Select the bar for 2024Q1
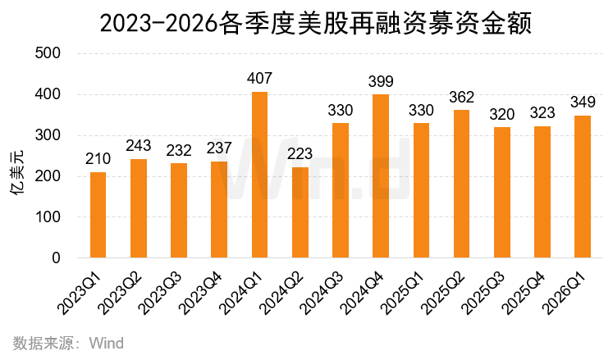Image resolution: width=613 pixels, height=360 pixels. point(259,175)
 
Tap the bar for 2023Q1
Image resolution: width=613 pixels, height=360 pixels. point(98,215)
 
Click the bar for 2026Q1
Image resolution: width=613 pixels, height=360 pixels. point(582,187)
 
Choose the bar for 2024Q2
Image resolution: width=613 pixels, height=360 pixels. point(300,212)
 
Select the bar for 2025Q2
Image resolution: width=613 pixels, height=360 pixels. point(461,184)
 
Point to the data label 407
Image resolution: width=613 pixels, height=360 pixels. point(259,80)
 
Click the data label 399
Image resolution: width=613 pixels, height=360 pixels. point(381,82)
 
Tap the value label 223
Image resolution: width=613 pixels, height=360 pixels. point(300,155)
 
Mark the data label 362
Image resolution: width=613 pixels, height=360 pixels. point(461,98)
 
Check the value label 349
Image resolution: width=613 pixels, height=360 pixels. point(582,103)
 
